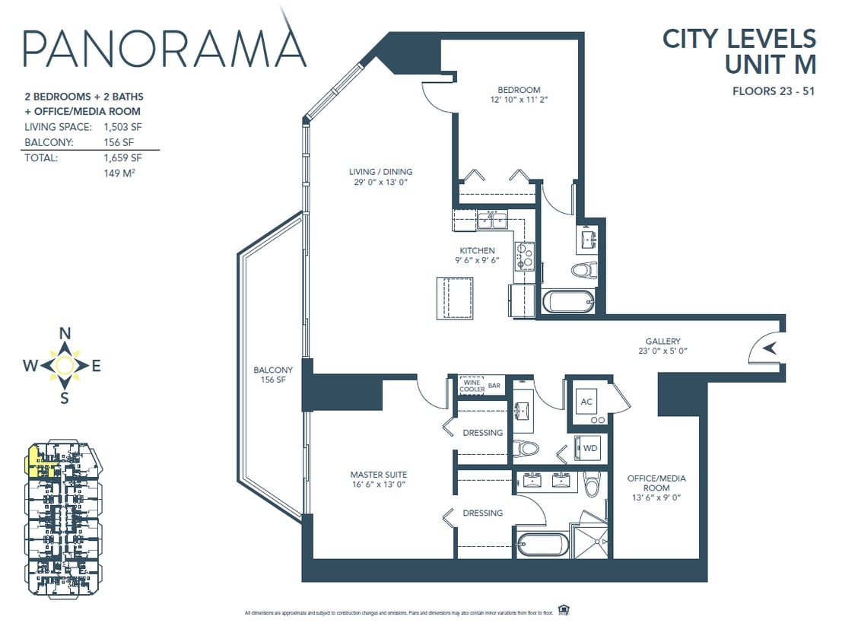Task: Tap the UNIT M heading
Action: coord(770,64)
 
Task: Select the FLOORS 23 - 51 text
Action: coord(774,93)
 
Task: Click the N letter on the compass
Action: coord(65,333)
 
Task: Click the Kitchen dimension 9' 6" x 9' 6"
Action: coord(477,261)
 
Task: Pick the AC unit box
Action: coord(586,402)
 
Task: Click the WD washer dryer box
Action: coord(590,448)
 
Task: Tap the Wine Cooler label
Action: coord(472,386)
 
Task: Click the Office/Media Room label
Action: coord(656,483)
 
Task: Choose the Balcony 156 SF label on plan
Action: coord(273,375)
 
